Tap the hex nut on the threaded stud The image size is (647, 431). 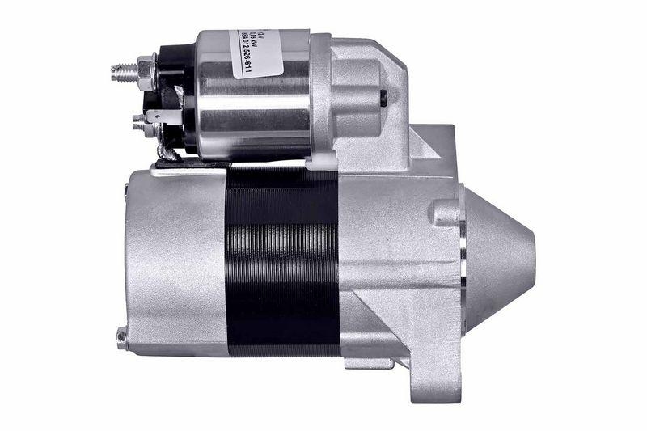(146, 71)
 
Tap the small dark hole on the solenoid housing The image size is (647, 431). (383, 96)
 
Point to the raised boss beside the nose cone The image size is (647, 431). (444, 212)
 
